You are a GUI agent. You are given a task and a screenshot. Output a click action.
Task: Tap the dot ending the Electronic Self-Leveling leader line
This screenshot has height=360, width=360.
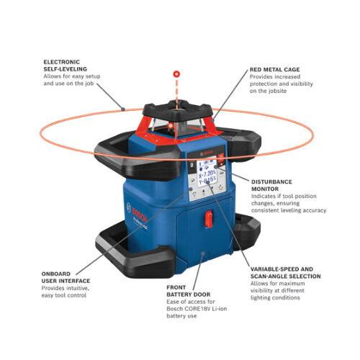[x=124, y=109]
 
